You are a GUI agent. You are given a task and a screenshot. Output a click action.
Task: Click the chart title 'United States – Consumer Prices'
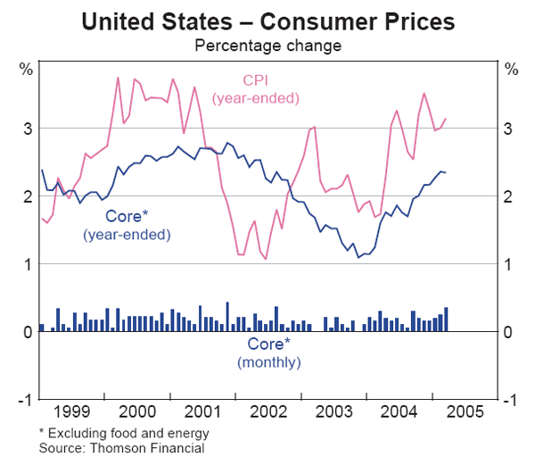(267, 20)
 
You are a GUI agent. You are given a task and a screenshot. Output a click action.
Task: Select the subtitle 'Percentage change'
(267, 42)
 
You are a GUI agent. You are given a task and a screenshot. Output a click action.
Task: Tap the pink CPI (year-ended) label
(254, 88)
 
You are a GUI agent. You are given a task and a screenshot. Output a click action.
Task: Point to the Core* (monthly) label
(268, 353)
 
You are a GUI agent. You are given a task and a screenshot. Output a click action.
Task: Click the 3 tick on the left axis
(28, 129)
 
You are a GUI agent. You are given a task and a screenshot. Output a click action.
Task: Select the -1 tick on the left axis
(25, 400)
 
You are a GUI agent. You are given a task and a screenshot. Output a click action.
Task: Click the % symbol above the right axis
(510, 69)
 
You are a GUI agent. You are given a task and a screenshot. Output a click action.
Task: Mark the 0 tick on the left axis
(28, 332)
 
